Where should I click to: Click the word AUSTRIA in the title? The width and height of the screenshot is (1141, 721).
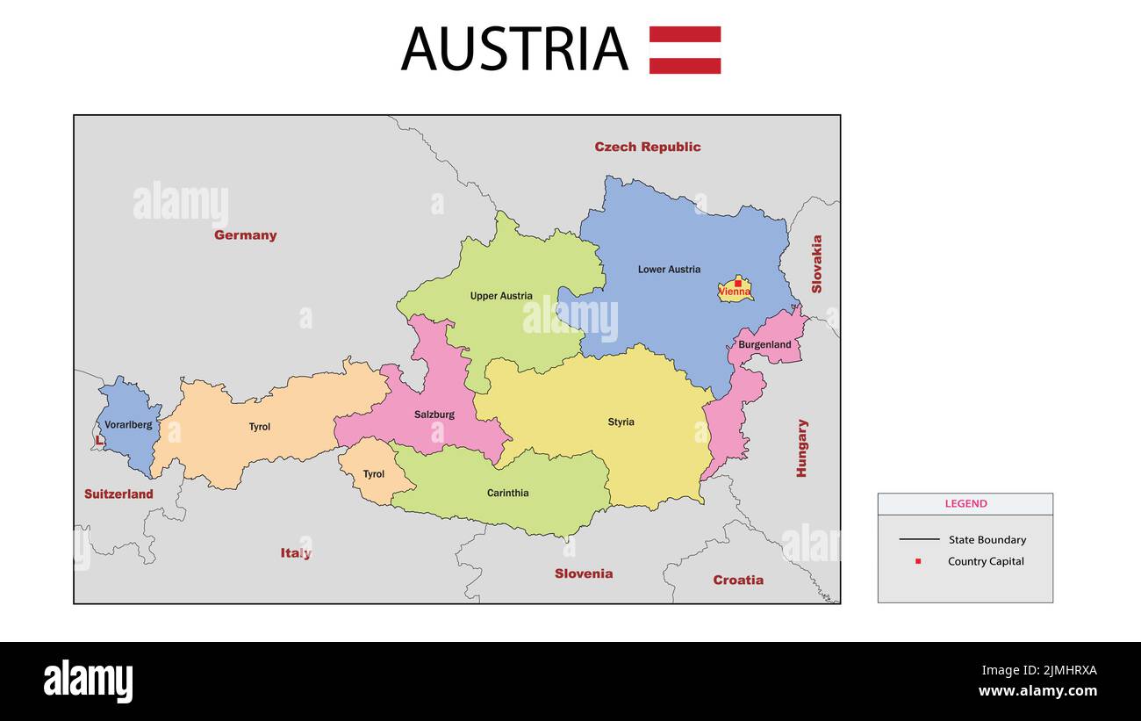point(514,49)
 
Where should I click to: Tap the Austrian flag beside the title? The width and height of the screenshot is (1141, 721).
point(685,50)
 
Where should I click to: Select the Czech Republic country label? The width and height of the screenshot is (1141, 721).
point(648,147)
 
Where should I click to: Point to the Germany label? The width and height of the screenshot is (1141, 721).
point(245,235)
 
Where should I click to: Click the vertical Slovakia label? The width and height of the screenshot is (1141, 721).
point(816,263)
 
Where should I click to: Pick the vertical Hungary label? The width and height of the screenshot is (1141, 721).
point(801,448)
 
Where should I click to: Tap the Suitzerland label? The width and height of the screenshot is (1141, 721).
point(118,494)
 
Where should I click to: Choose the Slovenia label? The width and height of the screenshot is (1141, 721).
point(584,573)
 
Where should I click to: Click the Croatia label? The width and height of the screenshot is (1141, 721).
point(738,580)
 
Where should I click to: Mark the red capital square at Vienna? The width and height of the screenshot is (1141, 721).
point(737,283)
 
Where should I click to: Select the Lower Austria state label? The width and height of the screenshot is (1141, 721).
point(669,270)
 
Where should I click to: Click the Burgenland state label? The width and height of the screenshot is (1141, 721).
point(764,345)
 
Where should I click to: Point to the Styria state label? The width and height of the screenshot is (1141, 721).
point(621,422)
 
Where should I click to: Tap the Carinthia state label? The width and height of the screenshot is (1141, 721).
point(508,494)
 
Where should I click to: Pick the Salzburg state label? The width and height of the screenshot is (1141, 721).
point(434,415)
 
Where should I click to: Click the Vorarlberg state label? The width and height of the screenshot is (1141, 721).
point(128,425)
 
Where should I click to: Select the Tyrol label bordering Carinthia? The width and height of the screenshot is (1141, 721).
point(374,474)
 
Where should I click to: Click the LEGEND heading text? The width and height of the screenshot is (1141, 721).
point(965,504)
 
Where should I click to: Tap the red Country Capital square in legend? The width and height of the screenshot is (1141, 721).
point(918,561)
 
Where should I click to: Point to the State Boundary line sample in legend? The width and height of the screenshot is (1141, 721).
point(919,539)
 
